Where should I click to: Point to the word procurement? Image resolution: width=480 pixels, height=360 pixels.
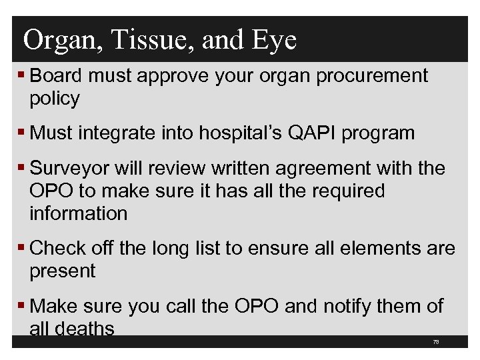click(x=372, y=76)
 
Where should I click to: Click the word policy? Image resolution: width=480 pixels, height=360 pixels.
click(x=55, y=99)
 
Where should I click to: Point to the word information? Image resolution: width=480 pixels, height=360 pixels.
click(x=78, y=213)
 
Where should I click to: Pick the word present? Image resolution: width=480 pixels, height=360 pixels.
click(x=63, y=271)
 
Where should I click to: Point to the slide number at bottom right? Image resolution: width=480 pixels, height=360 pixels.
click(x=435, y=341)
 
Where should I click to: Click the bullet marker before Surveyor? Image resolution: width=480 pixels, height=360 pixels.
click(x=23, y=169)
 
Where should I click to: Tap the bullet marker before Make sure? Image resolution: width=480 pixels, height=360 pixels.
click(x=23, y=307)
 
